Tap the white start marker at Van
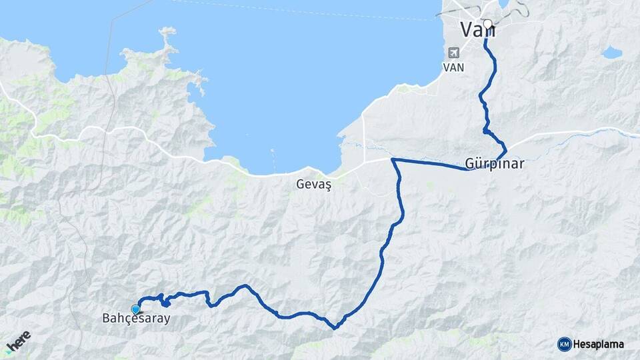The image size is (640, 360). click(x=487, y=25)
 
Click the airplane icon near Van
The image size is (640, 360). click(x=454, y=53)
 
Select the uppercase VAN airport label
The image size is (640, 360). click(x=454, y=67)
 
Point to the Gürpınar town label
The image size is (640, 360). click(x=495, y=164)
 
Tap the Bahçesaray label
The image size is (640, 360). click(x=136, y=319)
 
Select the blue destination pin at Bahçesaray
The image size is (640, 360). click(x=136, y=309)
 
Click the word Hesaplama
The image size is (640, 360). click(x=598, y=344)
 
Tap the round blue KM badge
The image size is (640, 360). click(x=564, y=344)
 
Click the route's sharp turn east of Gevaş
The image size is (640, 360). click(x=393, y=160)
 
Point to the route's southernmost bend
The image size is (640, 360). click(x=335, y=327)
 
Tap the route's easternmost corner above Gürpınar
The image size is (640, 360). click(x=506, y=147)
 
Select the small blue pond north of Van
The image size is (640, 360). click(x=504, y=5)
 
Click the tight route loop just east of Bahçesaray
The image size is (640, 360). click(x=163, y=301)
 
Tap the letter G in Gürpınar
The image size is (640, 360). click(x=469, y=164)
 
